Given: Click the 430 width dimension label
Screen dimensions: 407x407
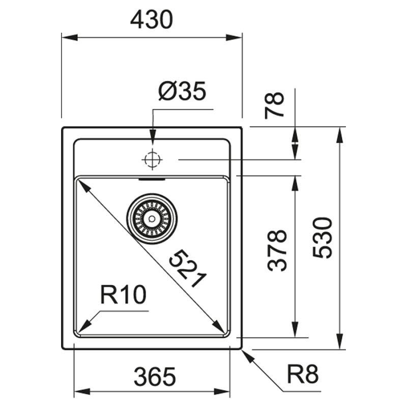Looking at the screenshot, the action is click(151, 20).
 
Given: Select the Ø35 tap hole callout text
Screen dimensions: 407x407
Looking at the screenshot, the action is click(183, 91).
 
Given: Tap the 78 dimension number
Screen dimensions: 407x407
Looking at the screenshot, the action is click(274, 105).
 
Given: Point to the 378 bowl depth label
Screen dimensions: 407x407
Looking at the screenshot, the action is click(277, 251).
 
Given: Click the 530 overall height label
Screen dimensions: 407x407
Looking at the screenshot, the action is click(323, 238).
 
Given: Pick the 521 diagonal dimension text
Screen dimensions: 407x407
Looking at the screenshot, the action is click(187, 269).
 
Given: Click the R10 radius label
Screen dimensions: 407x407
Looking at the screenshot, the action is click(123, 295).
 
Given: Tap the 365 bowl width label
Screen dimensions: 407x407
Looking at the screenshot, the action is click(155, 376).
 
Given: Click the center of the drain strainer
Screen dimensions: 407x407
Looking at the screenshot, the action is click(152, 219).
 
